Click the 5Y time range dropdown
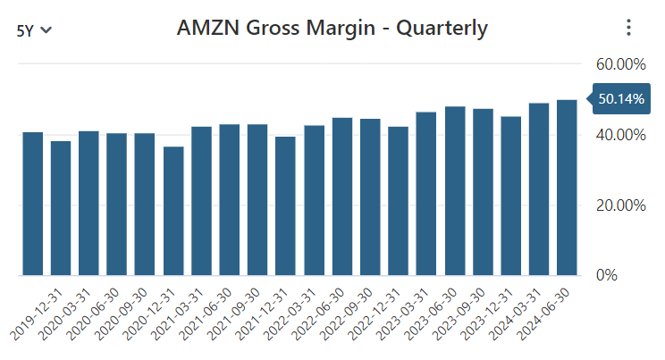click(x=34, y=29)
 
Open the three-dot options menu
click(x=628, y=29)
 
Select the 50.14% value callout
click(x=619, y=99)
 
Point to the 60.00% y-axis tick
click(x=619, y=64)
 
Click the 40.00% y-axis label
click(x=619, y=135)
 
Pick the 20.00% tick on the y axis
click(x=619, y=205)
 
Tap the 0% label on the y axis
click(x=607, y=275)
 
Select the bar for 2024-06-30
click(x=567, y=188)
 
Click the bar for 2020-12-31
click(x=173, y=211)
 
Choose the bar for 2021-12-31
click(x=286, y=206)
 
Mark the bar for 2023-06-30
click(x=455, y=191)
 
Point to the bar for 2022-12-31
click(x=399, y=201)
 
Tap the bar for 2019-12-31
click(x=33, y=204)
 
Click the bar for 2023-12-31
click(x=510, y=197)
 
